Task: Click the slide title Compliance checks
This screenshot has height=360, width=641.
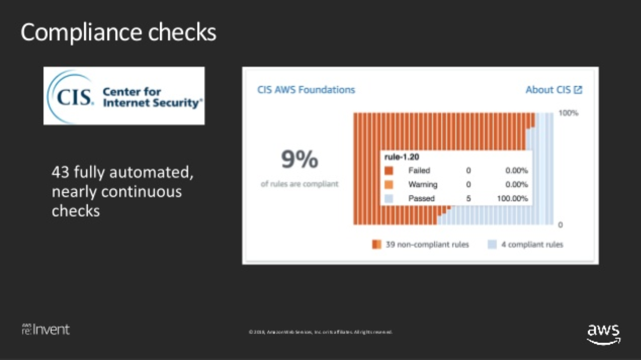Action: click(119, 32)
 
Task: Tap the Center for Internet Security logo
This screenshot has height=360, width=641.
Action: click(124, 96)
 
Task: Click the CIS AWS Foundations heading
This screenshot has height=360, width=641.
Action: click(306, 90)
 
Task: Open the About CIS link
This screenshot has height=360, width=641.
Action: click(548, 90)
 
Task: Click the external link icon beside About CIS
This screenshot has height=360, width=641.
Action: click(578, 90)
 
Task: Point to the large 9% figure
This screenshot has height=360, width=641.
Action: click(299, 160)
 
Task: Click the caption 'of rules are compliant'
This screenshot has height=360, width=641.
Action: click(299, 184)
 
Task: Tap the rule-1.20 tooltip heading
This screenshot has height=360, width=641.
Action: click(402, 157)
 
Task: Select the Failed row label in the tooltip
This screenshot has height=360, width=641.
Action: click(419, 171)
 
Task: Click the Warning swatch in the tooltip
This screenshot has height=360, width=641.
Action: click(389, 185)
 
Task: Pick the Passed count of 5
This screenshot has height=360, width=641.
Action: click(469, 198)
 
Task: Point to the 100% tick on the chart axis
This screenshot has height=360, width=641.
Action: click(568, 113)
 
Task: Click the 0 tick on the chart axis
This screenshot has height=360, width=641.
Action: click(560, 225)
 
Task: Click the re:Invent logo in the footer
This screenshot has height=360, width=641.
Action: click(45, 330)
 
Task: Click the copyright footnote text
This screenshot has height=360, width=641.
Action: click(320, 332)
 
